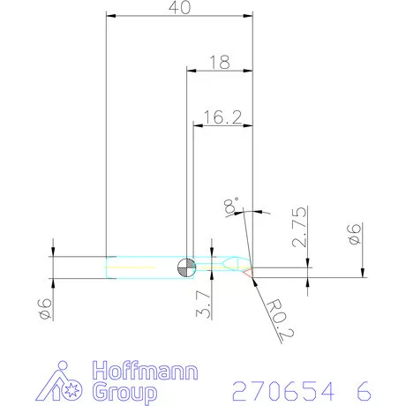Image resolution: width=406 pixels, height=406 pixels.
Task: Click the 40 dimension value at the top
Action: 179,7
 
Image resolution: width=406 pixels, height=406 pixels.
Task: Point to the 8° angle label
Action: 231,206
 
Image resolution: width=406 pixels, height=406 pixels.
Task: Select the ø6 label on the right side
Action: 353,235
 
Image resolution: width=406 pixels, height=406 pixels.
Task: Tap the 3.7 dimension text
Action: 204,304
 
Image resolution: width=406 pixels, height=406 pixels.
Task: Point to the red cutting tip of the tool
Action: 252,271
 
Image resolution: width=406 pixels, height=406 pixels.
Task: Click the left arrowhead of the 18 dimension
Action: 190,71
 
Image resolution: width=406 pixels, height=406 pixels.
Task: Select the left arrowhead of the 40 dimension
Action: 110,15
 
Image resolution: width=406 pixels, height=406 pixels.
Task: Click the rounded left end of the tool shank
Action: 108,268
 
